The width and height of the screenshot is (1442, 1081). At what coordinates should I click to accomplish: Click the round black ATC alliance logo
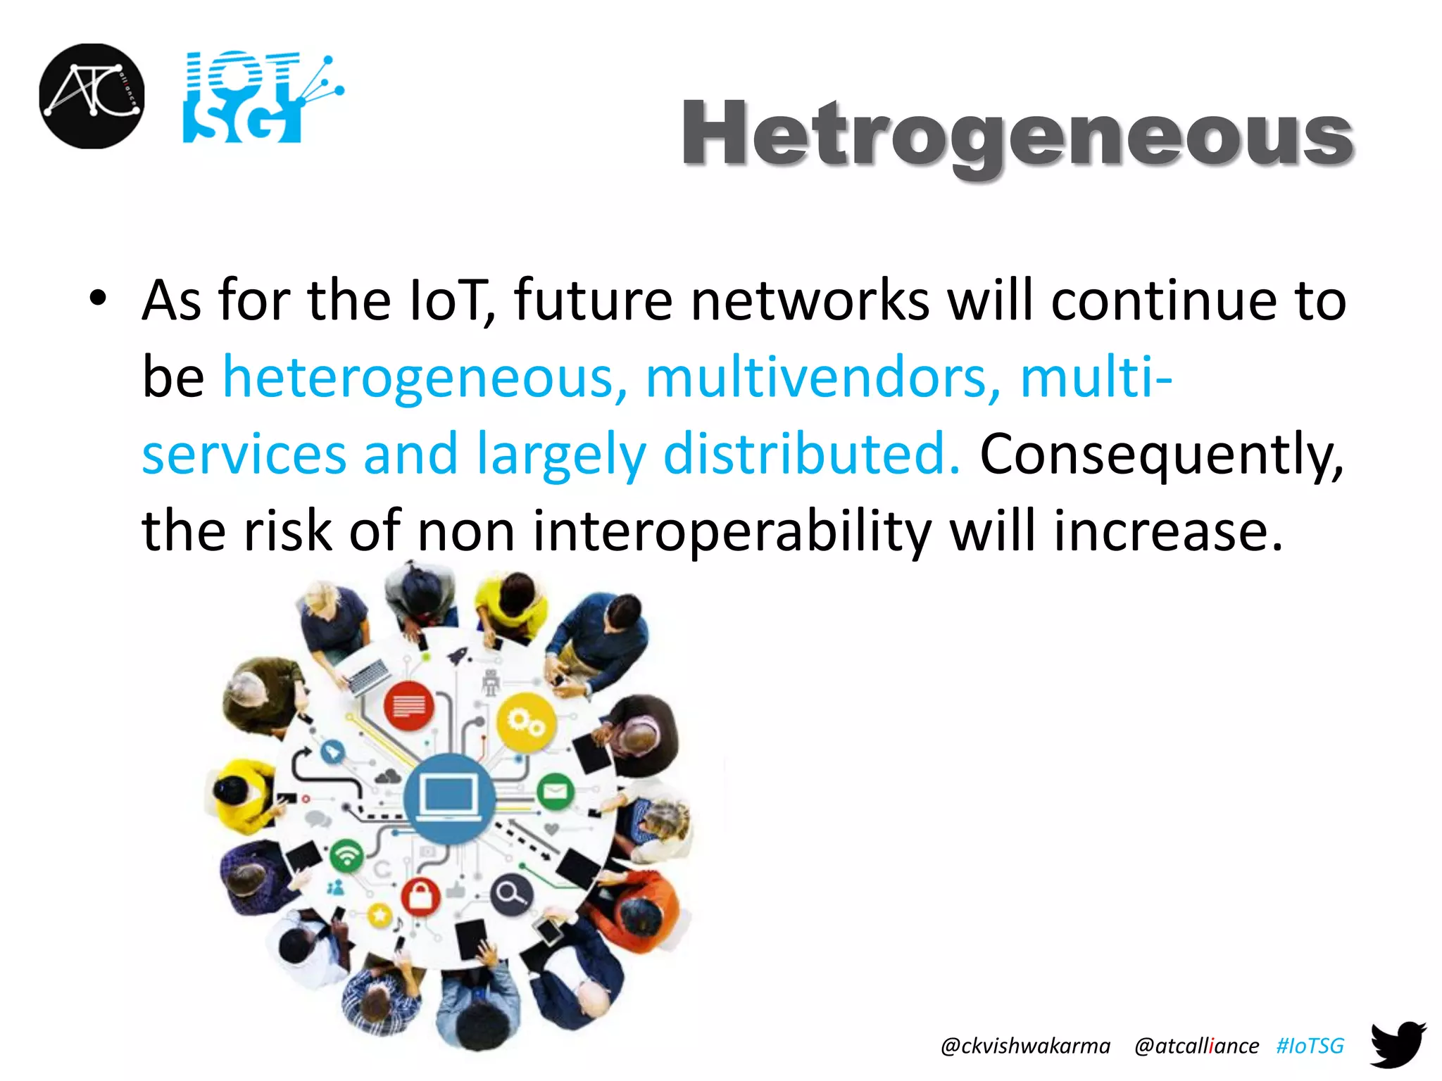click(92, 96)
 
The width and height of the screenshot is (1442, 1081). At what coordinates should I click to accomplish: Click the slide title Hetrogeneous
click(1017, 134)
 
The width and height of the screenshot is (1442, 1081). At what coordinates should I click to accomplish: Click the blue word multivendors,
click(822, 378)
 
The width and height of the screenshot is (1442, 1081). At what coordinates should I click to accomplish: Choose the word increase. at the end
click(1169, 531)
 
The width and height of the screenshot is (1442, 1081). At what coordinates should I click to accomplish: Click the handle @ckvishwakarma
click(1025, 1046)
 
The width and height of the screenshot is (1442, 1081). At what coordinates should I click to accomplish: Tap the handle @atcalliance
click(1196, 1046)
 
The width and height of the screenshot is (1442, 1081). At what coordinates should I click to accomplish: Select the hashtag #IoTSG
click(1310, 1046)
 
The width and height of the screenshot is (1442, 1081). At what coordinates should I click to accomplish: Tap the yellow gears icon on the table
click(525, 722)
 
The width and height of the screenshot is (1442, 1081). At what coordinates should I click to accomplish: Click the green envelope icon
click(556, 791)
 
